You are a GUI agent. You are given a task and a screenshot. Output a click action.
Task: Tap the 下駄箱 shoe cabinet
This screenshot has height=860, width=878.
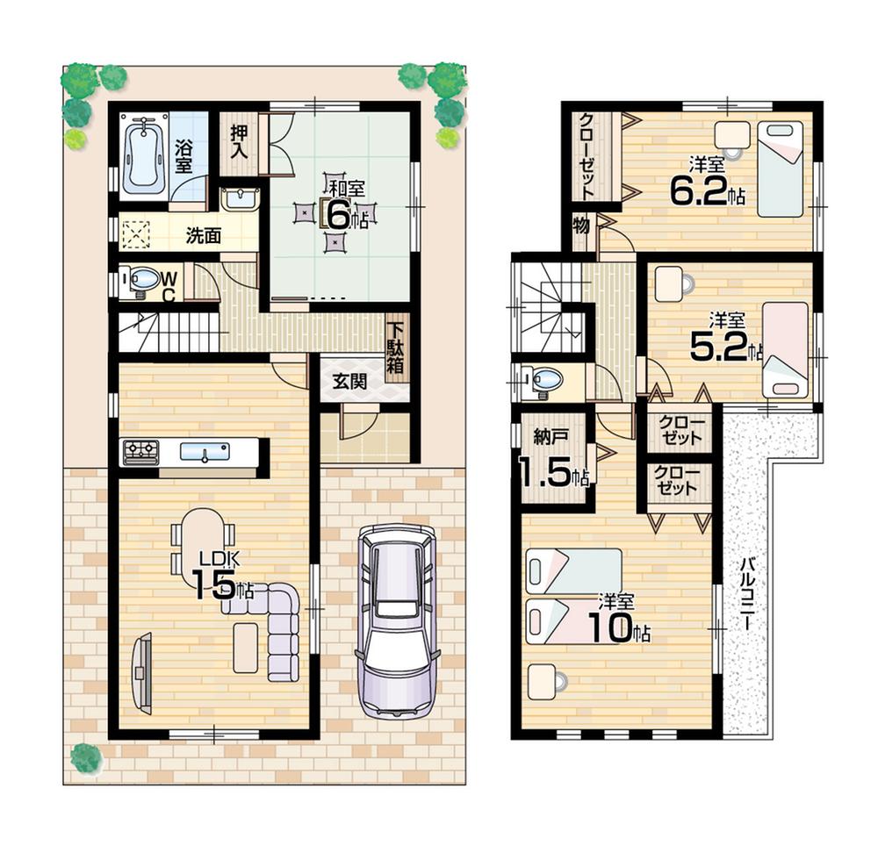point(396,348)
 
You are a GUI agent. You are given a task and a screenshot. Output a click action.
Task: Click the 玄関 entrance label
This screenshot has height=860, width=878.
point(349,382)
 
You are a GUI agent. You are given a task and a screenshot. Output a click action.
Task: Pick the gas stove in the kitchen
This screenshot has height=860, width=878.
point(140,453)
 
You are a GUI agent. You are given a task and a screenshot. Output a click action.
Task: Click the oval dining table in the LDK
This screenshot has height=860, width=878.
point(204,535)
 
